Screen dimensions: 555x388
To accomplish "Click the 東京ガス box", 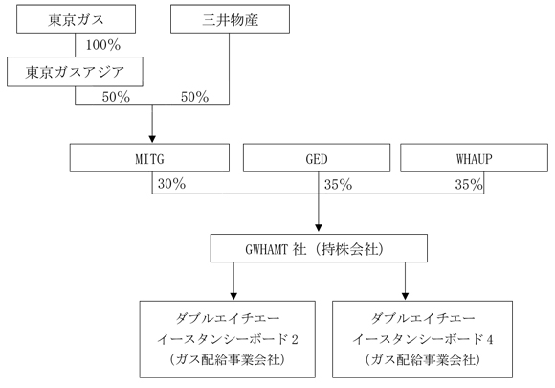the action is pyautogui.click(x=77, y=19).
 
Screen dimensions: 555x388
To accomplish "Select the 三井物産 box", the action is pyautogui.click(x=230, y=19).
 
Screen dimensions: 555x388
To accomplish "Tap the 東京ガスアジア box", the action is pyautogui.click(x=75, y=72).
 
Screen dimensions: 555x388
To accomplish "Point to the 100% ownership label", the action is pyautogui.click(x=103, y=45).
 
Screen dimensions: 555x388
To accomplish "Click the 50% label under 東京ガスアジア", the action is pyautogui.click(x=116, y=97).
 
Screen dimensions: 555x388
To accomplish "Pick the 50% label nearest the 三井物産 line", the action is pyautogui.click(x=194, y=97).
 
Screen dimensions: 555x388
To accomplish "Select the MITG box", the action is pyautogui.click(x=149, y=158).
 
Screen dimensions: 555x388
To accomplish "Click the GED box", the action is pyautogui.click(x=317, y=158).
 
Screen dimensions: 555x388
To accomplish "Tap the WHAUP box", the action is pyautogui.click(x=475, y=158).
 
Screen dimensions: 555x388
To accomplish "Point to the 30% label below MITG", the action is pyautogui.click(x=171, y=184).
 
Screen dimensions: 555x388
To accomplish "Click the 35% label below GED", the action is pyautogui.click(x=339, y=185).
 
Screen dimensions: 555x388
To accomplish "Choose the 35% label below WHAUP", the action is pyautogui.click(x=469, y=185).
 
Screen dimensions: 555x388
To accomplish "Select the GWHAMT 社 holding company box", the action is pyautogui.click(x=319, y=248).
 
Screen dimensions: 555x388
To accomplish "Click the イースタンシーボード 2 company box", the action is pyautogui.click(x=227, y=339).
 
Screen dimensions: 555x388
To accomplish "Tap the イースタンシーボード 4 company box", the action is pyautogui.click(x=422, y=339).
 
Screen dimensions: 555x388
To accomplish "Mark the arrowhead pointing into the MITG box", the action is pyautogui.click(x=152, y=139).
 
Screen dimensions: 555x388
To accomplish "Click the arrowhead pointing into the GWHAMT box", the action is pyautogui.click(x=319, y=227).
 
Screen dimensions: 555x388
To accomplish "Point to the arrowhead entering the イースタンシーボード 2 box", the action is pyautogui.click(x=233, y=296).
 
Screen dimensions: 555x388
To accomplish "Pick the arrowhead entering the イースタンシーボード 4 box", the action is pyautogui.click(x=406, y=296).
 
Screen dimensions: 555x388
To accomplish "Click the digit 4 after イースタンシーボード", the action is pyautogui.click(x=490, y=339).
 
